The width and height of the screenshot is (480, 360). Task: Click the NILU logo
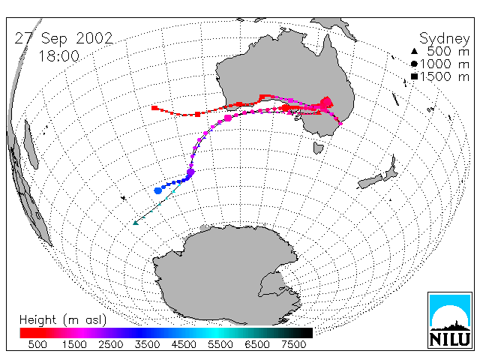[450, 320]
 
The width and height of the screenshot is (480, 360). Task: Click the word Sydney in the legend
[444, 39]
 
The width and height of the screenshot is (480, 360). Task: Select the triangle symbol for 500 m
[414, 52]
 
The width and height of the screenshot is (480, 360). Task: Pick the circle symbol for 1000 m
[414, 64]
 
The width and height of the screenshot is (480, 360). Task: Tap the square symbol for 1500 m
[414, 76]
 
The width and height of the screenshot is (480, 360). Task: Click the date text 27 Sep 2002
[64, 38]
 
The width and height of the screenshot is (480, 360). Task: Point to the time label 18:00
[59, 56]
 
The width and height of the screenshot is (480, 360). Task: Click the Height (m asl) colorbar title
[63, 320]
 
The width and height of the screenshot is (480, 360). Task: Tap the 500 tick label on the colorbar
[37, 344]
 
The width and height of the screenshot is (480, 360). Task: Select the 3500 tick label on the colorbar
[147, 344]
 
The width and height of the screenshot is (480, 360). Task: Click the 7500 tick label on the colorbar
[293, 344]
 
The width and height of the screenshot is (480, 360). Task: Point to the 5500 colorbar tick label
[220, 344]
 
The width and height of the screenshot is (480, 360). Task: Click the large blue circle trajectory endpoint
[158, 190]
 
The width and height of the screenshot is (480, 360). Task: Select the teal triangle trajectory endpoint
[136, 223]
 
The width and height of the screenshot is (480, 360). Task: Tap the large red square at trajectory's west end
[154, 108]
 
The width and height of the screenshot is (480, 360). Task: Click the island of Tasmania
[318, 148]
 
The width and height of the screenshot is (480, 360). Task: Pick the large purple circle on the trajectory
[190, 172]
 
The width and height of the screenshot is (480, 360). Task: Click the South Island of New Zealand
[370, 181]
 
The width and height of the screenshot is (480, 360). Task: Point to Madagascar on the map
[31, 145]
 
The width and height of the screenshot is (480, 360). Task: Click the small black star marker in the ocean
[123, 198]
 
